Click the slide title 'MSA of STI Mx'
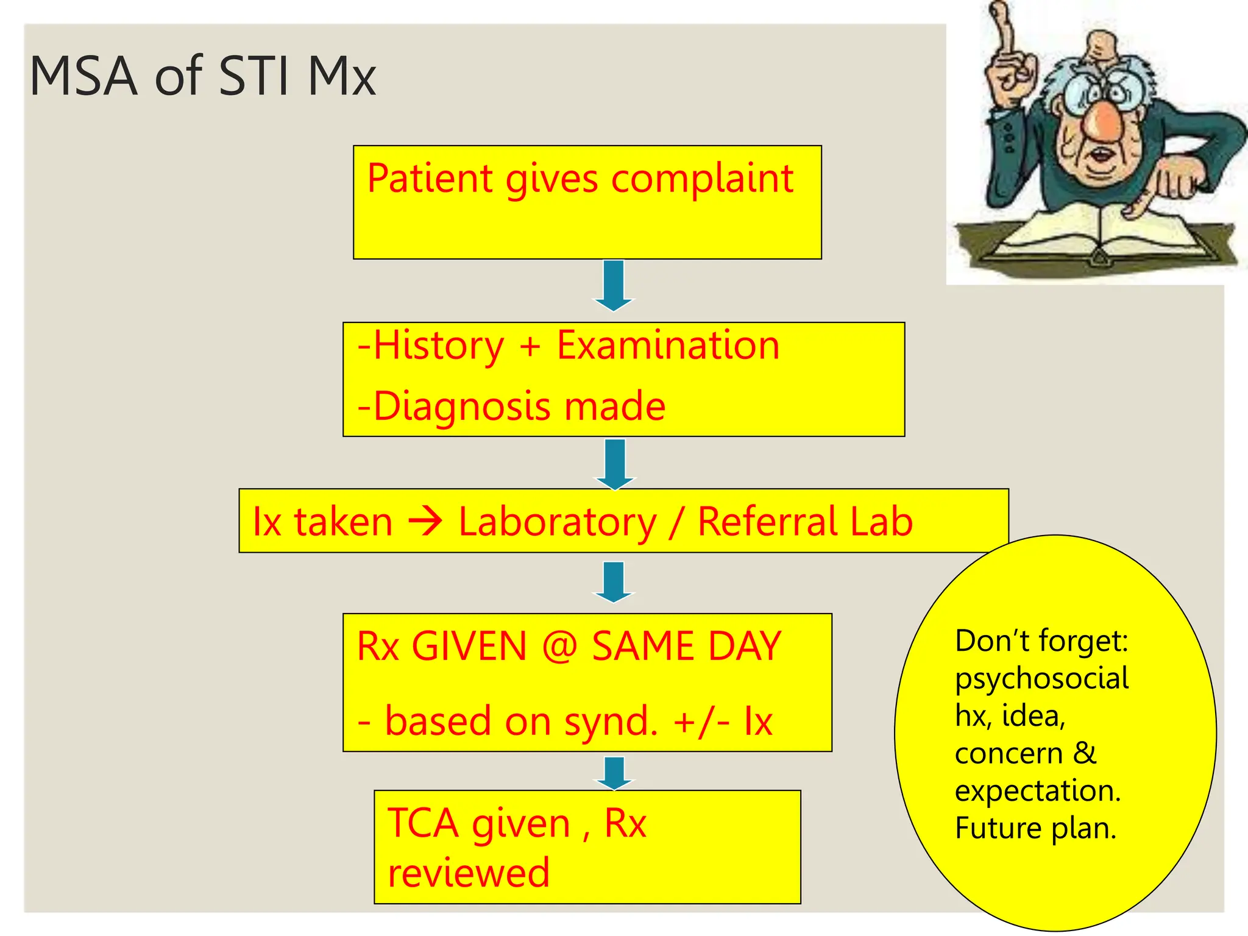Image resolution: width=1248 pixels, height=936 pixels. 202,76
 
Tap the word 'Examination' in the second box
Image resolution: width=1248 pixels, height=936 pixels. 668,346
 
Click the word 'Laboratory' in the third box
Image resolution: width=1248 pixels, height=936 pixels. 558,522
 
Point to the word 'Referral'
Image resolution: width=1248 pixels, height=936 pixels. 768,522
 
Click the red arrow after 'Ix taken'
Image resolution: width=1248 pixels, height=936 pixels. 425,522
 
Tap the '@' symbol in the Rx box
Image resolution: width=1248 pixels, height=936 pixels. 559,646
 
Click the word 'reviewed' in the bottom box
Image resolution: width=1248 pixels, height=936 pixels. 469,873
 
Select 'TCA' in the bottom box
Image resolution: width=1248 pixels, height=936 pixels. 423,823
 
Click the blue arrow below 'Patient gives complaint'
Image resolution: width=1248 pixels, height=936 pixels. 614,285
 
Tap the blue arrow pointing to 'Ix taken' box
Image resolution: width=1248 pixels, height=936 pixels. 615,464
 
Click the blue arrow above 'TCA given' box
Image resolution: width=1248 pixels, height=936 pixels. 614,773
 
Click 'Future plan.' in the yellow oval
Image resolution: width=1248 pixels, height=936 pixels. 1035,828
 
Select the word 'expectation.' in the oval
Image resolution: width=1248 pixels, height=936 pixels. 1038,791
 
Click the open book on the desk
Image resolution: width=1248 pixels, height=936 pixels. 1097,235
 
